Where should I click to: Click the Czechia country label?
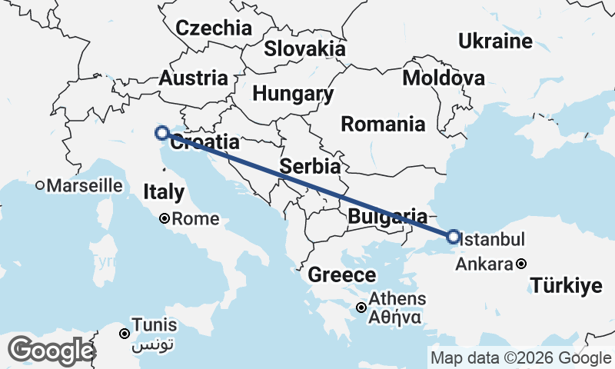click(x=214, y=28)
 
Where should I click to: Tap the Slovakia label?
click(x=305, y=49)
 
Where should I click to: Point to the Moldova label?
click(x=444, y=78)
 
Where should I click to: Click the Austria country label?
click(x=193, y=78)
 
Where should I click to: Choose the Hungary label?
click(x=293, y=95)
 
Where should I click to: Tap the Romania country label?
click(x=383, y=123)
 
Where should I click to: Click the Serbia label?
click(x=311, y=166)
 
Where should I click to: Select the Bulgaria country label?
click(x=387, y=216)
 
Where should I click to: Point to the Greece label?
click(x=342, y=275)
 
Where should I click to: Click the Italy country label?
click(x=164, y=191)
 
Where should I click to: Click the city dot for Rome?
click(x=164, y=219)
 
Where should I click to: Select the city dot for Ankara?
click(x=521, y=264)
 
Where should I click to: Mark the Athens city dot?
click(x=361, y=307)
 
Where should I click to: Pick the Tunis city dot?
click(x=124, y=334)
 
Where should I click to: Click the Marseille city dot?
click(x=40, y=185)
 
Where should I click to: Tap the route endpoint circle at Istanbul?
click(x=453, y=236)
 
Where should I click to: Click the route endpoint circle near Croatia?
click(x=162, y=133)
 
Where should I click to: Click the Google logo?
click(x=51, y=351)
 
